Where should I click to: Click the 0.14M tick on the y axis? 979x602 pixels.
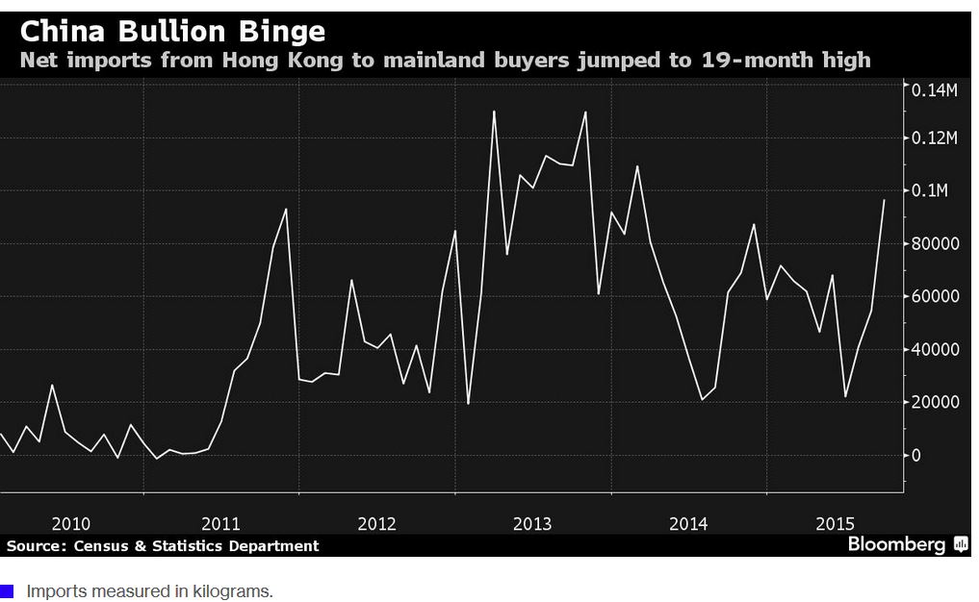[x=936, y=90]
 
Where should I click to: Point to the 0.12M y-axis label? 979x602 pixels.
[x=936, y=138]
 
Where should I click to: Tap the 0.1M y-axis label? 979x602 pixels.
[x=932, y=190]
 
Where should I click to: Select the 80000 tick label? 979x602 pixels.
[x=936, y=243]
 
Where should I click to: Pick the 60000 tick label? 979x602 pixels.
[x=936, y=296]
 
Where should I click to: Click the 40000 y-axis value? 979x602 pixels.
[x=936, y=349]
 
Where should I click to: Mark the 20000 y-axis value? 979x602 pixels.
[x=936, y=402]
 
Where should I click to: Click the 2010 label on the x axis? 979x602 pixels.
[x=70, y=524]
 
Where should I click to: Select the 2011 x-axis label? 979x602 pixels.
[x=220, y=524]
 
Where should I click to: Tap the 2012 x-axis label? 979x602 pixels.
[x=376, y=524]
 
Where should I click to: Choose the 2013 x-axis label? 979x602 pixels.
[x=532, y=524]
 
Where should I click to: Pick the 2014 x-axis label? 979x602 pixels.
[x=688, y=524]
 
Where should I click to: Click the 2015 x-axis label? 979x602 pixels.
[x=836, y=524]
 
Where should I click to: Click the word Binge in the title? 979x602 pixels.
[x=279, y=32]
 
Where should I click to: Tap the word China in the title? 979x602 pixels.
[x=62, y=32]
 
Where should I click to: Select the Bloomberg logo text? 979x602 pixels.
[x=896, y=545]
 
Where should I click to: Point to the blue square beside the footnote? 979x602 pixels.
[x=8, y=591]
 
